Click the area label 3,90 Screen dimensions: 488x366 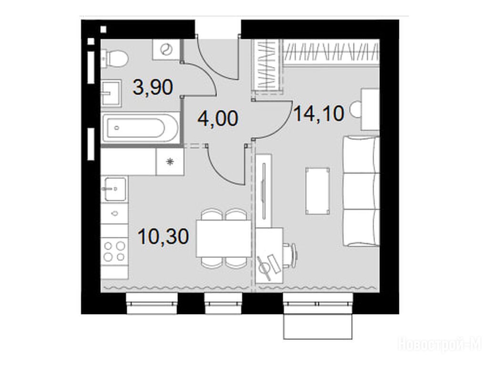(x=152, y=87)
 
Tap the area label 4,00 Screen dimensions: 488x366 (x=218, y=118)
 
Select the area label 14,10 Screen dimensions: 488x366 (x=319, y=113)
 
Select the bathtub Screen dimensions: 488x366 (x=141, y=128)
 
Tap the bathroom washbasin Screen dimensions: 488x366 (x=111, y=92)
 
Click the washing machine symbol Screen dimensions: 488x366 (x=166, y=50)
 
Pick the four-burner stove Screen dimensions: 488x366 (x=114, y=252)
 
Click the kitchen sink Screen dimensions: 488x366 (x=115, y=189)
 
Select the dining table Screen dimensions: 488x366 (x=224, y=238)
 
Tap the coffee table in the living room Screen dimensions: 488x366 (x=318, y=191)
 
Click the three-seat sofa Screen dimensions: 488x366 (x=361, y=192)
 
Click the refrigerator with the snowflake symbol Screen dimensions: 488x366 (x=170, y=162)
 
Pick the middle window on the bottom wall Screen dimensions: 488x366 (x=223, y=304)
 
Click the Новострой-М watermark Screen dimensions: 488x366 (x=442, y=345)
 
